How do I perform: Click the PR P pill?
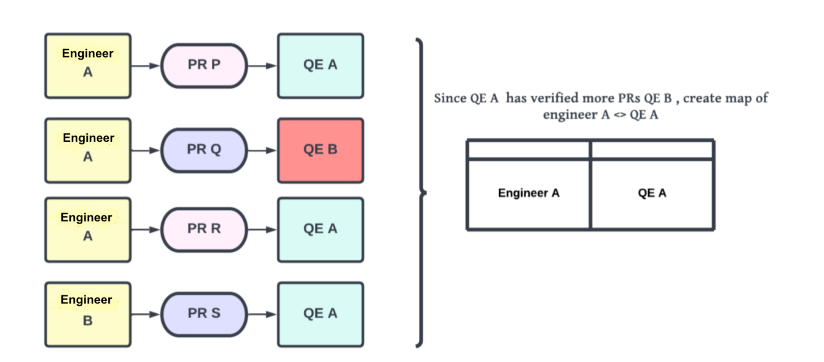pyautogui.click(x=204, y=65)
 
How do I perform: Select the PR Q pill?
pyautogui.click(x=204, y=150)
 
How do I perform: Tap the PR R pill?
pyautogui.click(x=204, y=229)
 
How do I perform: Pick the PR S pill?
pyautogui.click(x=204, y=314)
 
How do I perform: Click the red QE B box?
pyautogui.click(x=320, y=150)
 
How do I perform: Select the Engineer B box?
pyautogui.click(x=88, y=314)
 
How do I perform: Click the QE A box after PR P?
pyautogui.click(x=320, y=65)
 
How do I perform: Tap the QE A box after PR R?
pyautogui.click(x=320, y=229)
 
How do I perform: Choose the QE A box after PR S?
pyautogui.click(x=320, y=314)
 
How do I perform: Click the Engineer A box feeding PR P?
pyautogui.click(x=88, y=65)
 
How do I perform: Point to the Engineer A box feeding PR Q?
pyautogui.click(x=88, y=150)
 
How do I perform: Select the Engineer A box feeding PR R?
pyautogui.click(x=88, y=229)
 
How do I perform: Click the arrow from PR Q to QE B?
pyautogui.click(x=262, y=150)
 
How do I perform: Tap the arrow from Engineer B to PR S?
pyautogui.click(x=145, y=314)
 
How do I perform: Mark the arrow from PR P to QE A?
pyautogui.click(x=262, y=66)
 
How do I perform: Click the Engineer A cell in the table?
pyautogui.click(x=528, y=193)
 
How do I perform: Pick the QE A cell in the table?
pyautogui.click(x=652, y=193)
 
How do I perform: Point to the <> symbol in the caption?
pyautogui.click(x=620, y=115)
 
